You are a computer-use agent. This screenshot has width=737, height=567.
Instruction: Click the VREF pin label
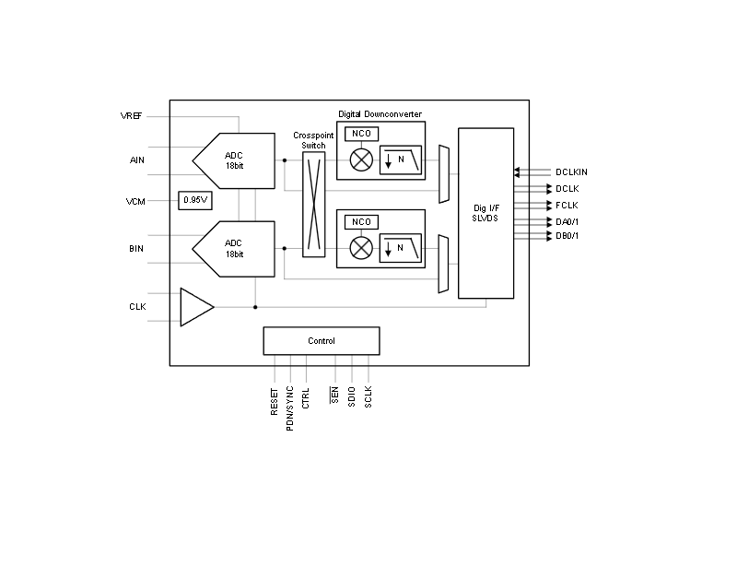point(131,116)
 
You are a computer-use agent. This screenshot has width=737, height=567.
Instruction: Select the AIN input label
point(136,160)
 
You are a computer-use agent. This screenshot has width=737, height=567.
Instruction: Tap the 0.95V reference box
point(195,200)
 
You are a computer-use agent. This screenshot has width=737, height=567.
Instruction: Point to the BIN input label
point(136,248)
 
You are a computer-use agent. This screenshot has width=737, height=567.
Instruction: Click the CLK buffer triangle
point(196,307)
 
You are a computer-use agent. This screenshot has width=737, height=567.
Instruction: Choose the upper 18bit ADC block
point(234,161)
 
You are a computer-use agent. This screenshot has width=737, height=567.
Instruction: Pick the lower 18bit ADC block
point(234,249)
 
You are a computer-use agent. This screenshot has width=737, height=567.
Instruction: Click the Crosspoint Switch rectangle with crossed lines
point(313,205)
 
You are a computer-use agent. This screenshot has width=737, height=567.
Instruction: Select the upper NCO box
point(361,134)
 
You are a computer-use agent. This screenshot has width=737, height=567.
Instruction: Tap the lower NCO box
point(361,222)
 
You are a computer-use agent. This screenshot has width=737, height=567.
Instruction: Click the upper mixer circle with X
point(361,160)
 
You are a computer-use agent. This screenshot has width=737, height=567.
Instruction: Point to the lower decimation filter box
point(401,248)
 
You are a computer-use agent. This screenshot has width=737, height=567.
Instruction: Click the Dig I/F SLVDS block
point(486,213)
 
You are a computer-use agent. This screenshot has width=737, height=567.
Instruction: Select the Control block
point(322,341)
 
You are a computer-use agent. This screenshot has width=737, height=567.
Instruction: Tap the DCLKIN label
point(571,172)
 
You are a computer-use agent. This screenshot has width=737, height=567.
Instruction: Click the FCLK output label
point(567,206)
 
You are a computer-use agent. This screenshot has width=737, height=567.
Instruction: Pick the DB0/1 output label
point(567,236)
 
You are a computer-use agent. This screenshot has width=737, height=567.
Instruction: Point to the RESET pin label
point(275,401)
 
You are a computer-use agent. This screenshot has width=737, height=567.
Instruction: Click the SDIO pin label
point(352,396)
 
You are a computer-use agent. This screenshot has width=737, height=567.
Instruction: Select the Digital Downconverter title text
point(380,114)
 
